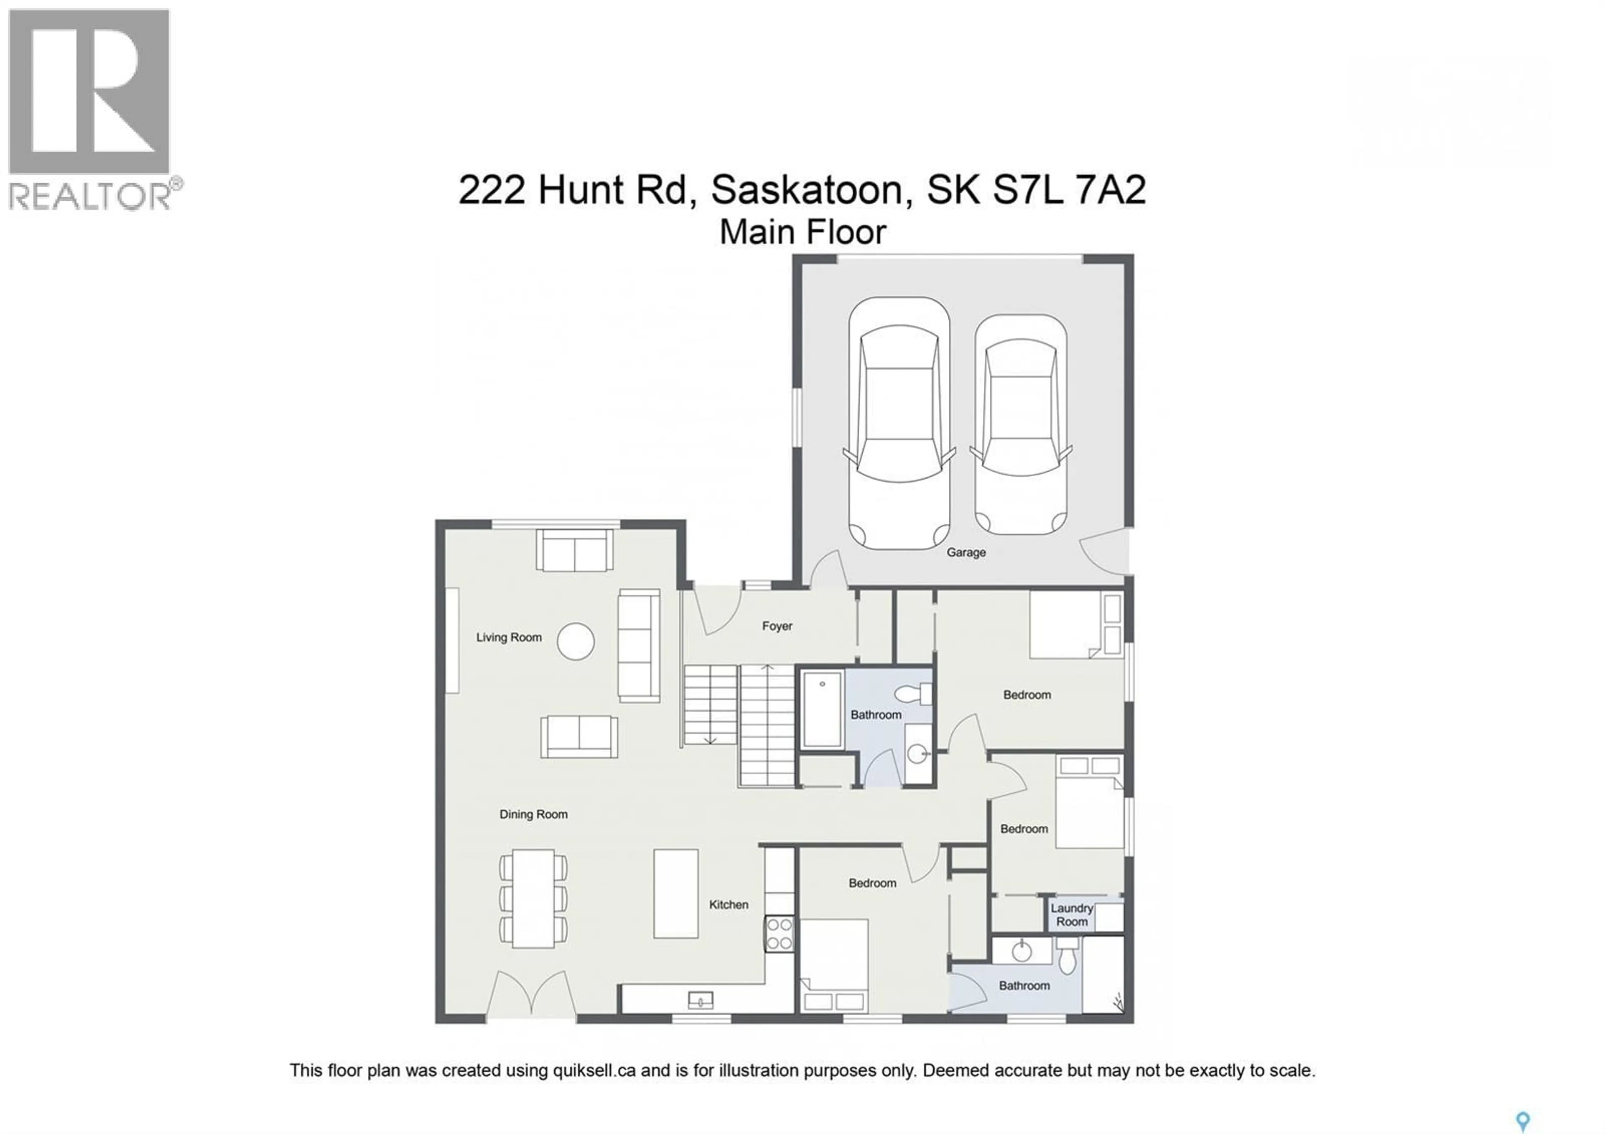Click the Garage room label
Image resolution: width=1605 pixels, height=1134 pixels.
click(x=966, y=552)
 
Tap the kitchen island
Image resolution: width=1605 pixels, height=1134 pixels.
click(x=675, y=894)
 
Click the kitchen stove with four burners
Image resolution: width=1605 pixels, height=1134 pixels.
click(x=779, y=934)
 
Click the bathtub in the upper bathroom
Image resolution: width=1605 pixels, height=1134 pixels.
click(x=822, y=710)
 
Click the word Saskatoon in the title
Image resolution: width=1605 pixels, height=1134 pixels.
click(x=808, y=190)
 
